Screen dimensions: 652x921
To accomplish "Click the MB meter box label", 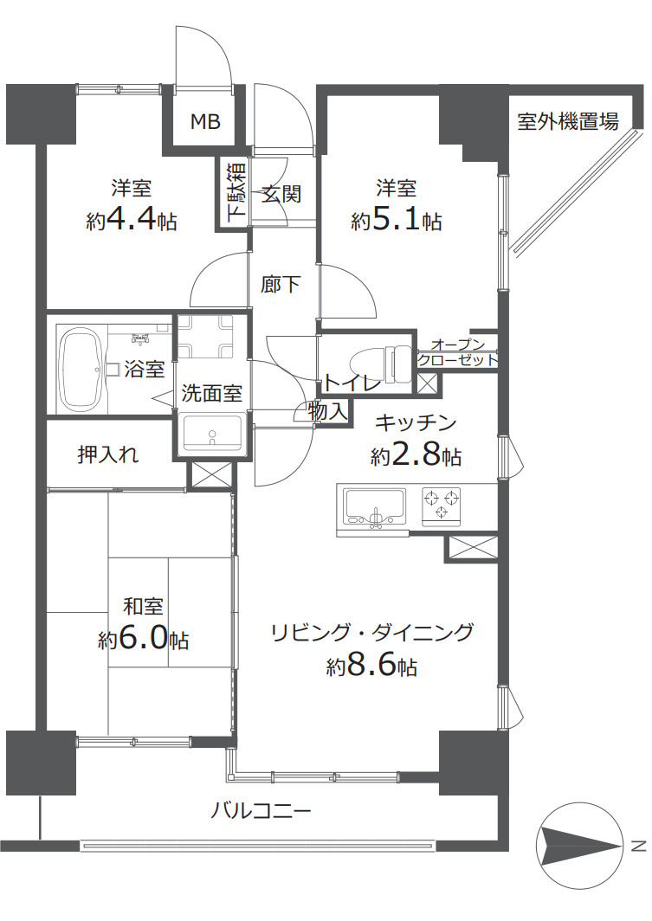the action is pyautogui.click(x=205, y=121).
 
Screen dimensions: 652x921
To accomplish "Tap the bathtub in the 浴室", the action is pyautogui.click(x=83, y=370).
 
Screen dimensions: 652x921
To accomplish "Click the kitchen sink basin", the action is pyautogui.click(x=375, y=506).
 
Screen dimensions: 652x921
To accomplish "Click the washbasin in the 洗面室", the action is pyautogui.click(x=213, y=434).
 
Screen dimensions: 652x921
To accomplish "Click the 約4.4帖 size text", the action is pyautogui.click(x=132, y=221).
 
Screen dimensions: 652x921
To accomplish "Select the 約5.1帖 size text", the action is pyautogui.click(x=397, y=221).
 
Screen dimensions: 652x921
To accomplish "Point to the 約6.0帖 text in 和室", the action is pyautogui.click(x=144, y=639).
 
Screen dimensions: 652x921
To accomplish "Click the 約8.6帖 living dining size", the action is pyautogui.click(x=371, y=667).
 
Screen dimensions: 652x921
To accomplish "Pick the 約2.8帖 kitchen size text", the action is pyautogui.click(x=416, y=456).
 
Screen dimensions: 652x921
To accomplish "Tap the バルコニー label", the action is pyautogui.click(x=261, y=811).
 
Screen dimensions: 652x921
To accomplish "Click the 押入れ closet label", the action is pyautogui.click(x=108, y=454).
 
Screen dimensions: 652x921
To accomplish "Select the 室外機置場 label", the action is pyautogui.click(x=567, y=121).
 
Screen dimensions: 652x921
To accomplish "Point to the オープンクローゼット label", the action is pyautogui.click(x=457, y=351).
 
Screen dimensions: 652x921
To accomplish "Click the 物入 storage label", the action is pyautogui.click(x=328, y=411).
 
